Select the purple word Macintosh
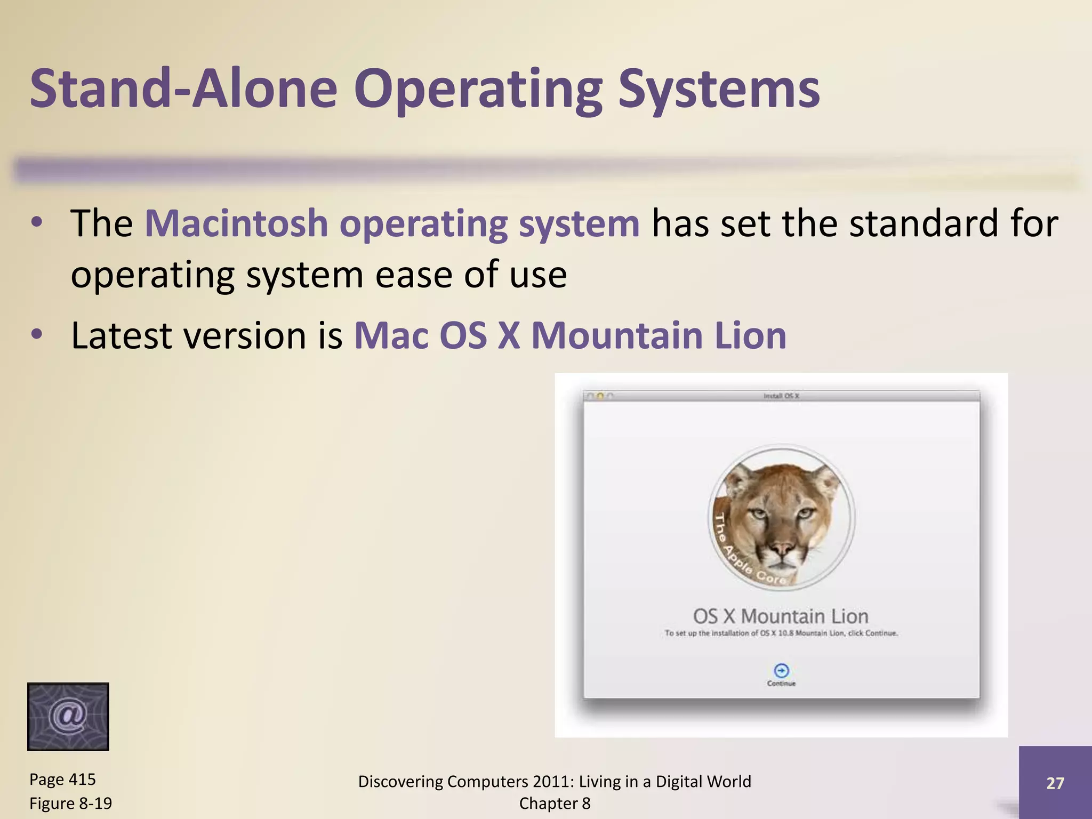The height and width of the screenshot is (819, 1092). [x=236, y=223]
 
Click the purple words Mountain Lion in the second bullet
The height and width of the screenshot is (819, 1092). [x=659, y=335]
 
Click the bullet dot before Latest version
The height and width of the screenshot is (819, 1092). [x=36, y=335]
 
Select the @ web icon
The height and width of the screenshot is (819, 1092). [x=68, y=716]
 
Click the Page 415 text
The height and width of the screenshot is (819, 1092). [x=62, y=779]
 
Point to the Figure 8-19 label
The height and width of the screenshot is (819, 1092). [x=70, y=803]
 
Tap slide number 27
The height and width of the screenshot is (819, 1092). [x=1055, y=783]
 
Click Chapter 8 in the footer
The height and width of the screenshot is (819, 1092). [x=555, y=803]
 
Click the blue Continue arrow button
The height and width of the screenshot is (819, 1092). [x=781, y=670]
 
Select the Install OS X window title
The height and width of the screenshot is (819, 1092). [x=781, y=396]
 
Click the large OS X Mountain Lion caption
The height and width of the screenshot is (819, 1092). [x=781, y=616]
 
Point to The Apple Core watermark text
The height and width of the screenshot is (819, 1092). [x=746, y=555]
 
